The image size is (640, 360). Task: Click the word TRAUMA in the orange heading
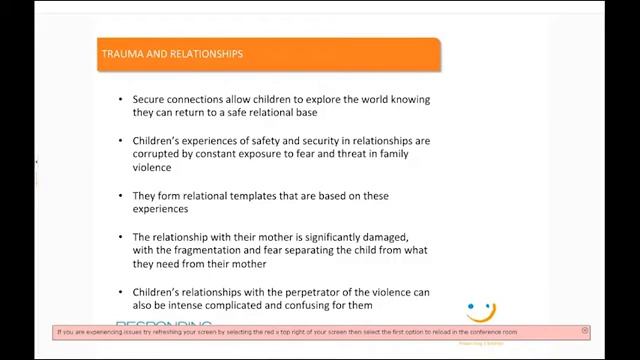[x=123, y=53]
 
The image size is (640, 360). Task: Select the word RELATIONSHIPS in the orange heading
[x=204, y=53]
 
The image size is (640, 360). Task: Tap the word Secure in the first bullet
[x=151, y=100]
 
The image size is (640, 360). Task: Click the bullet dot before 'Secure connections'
[x=120, y=100]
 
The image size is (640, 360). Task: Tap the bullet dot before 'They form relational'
[x=120, y=196]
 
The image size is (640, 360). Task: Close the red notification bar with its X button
[x=585, y=331]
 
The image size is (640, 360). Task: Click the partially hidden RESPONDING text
[x=164, y=323]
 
